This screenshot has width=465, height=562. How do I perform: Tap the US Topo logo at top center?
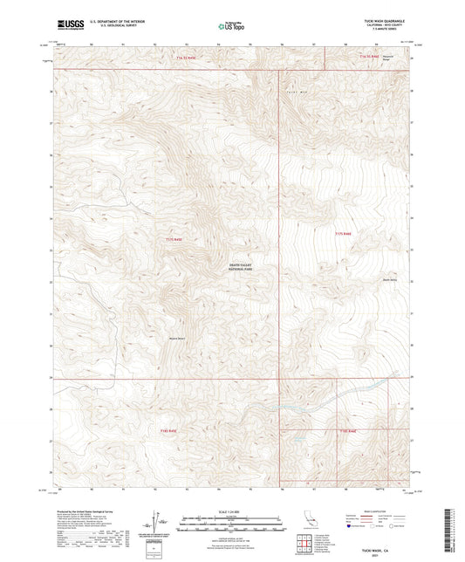(x=231, y=26)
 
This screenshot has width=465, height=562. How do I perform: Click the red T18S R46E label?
(x=347, y=430)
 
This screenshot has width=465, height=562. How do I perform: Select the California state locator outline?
(x=309, y=523)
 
